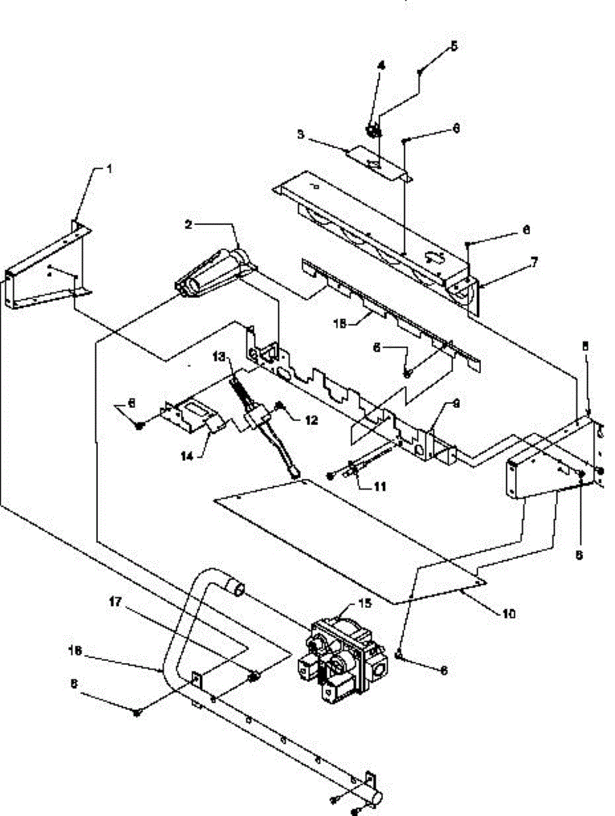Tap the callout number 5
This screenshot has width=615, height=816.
(454, 47)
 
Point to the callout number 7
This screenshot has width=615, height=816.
(533, 260)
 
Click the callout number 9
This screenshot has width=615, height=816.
(456, 404)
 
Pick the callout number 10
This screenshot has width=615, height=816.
(508, 614)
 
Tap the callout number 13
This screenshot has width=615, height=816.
(218, 356)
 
